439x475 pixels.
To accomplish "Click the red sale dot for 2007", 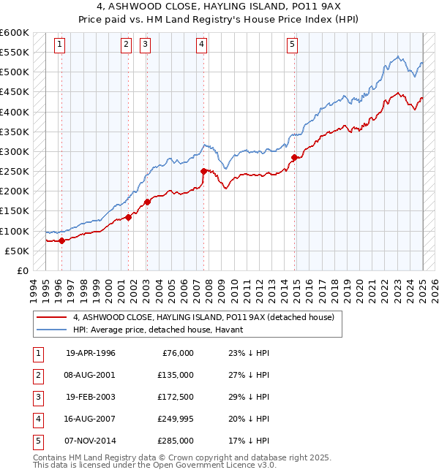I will [x=203, y=171].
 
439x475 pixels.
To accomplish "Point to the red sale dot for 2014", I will [x=294, y=157].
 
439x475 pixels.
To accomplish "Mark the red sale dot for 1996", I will [x=61, y=240].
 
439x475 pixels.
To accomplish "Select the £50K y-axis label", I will [x=18, y=251].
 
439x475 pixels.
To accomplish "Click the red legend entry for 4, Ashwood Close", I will [x=203, y=317].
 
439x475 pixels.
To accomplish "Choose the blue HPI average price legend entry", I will [x=162, y=330].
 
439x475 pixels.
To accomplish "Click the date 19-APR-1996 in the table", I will [x=91, y=353].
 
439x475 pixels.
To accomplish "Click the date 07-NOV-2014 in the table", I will [x=91, y=441].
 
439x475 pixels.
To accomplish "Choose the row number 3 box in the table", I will [x=37, y=397].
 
